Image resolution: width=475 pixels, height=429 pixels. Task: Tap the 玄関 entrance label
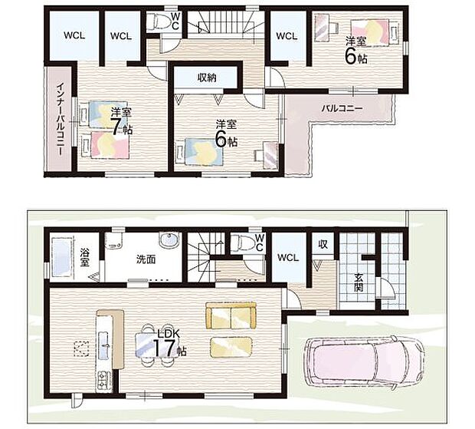point(359,282)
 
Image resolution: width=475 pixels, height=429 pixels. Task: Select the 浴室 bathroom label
point(84,257)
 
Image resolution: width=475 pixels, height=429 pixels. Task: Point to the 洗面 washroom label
point(146,259)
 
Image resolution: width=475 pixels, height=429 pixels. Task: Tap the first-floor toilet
point(242,243)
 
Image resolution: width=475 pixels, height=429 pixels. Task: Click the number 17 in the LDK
point(165,348)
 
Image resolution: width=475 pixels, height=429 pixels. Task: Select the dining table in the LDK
point(152,345)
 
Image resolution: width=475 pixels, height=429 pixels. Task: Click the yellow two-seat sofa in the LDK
point(231,315)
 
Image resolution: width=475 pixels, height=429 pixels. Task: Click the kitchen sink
point(103,345)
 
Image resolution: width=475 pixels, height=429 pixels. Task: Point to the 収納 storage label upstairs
point(207,78)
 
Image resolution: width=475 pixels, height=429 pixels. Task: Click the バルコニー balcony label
point(342,108)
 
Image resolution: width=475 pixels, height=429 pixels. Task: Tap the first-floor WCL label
point(288,258)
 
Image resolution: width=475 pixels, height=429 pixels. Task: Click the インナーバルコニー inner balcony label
point(60,119)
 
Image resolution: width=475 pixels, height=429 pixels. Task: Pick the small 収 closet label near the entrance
point(323,243)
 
